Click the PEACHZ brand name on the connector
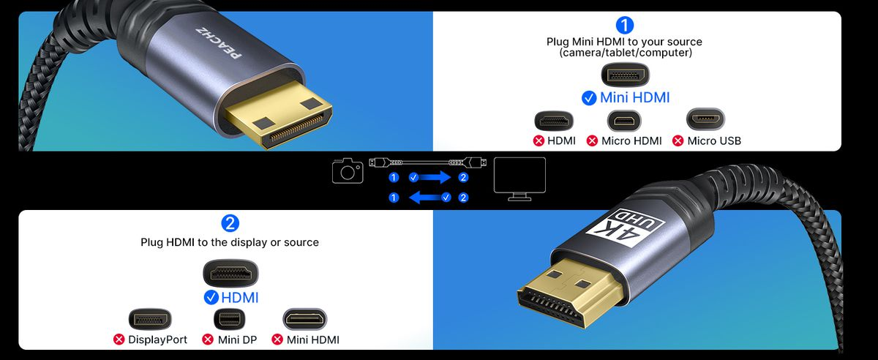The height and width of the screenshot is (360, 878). click(219, 42)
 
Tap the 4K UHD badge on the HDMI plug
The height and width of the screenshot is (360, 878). click(624, 228)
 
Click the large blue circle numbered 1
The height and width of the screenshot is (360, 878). click(625, 26)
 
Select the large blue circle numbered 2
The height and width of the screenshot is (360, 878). click(230, 223)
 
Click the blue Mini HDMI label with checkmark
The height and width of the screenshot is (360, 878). click(626, 97)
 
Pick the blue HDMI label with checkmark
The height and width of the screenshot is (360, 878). click(231, 298)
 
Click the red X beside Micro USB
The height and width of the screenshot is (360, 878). click(678, 140)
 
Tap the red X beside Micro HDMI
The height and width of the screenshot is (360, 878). click(592, 140)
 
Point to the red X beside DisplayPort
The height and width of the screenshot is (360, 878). click(119, 340)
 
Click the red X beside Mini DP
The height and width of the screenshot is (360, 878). click(208, 340)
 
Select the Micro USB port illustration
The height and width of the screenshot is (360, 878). click(705, 119)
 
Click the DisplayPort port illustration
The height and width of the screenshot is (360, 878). click(150, 319)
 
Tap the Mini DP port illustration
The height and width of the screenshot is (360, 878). click(229, 319)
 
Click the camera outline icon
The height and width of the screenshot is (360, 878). click(348, 170)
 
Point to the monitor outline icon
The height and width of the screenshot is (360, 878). click(519, 179)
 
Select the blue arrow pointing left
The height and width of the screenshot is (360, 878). click(425, 198)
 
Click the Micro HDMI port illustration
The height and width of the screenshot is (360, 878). click(624, 121)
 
